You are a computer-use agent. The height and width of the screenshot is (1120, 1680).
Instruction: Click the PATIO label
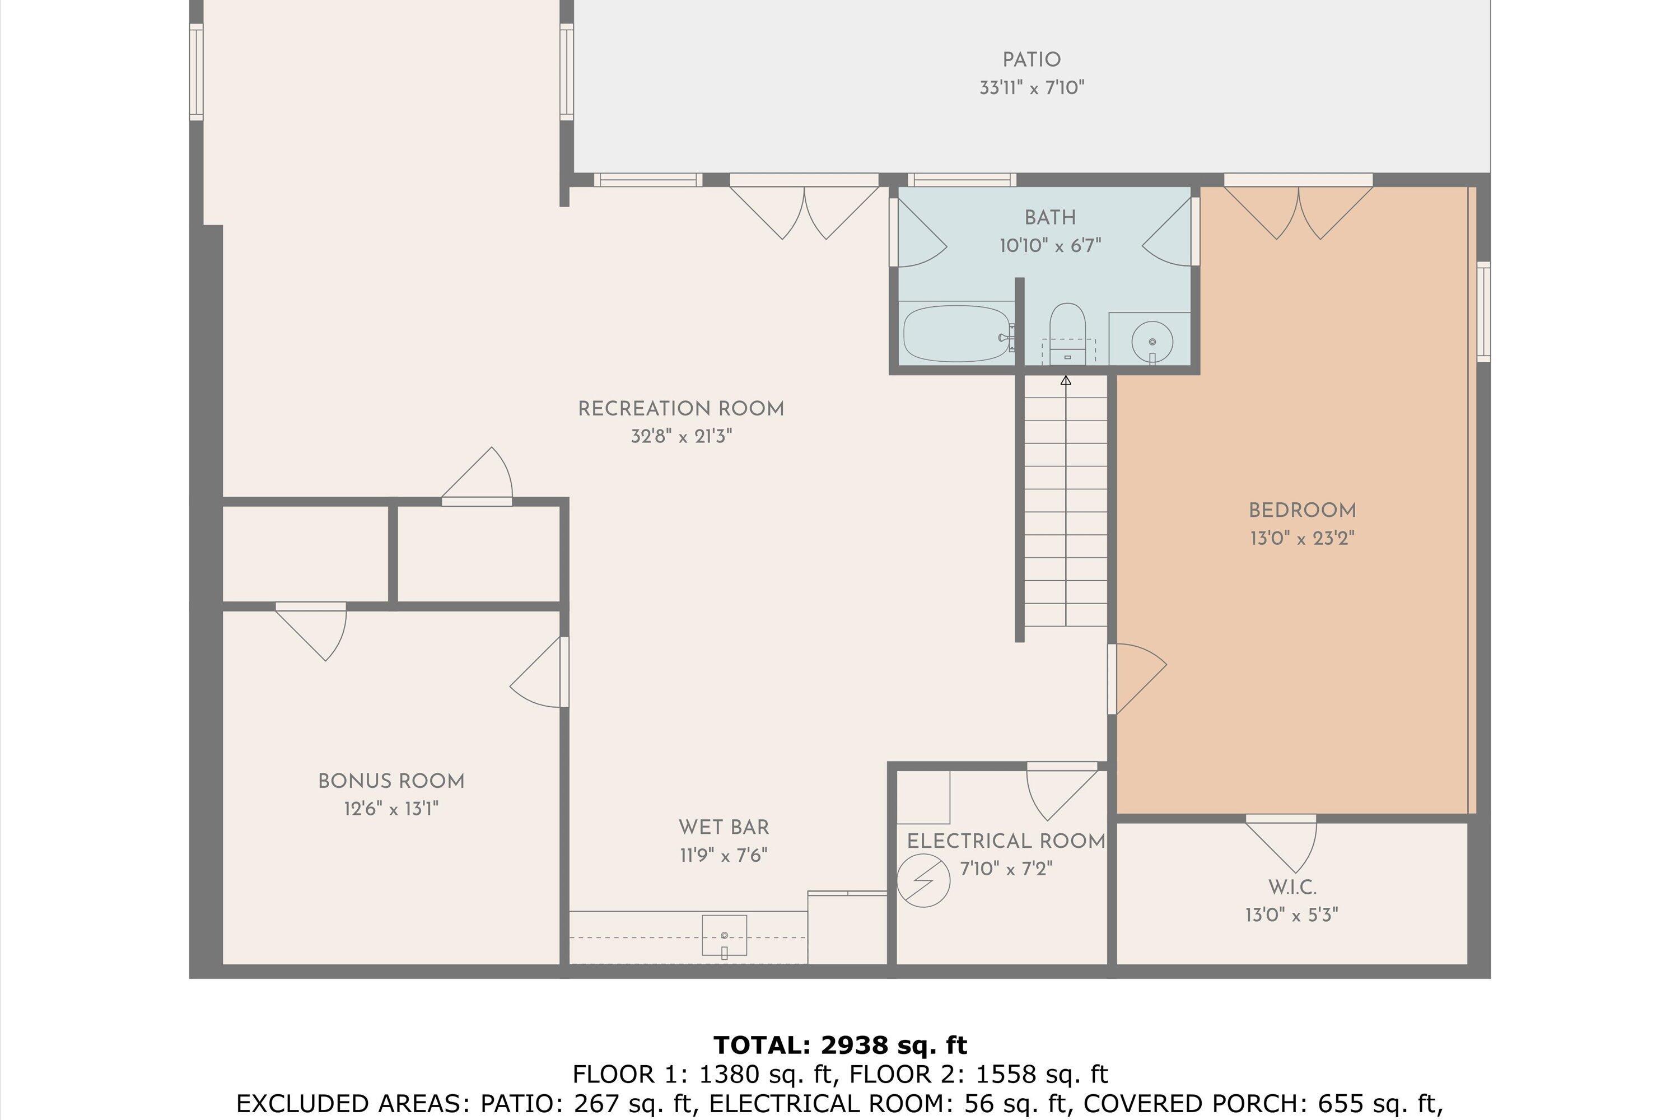point(1031,60)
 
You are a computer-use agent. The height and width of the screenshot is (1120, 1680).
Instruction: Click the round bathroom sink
point(1151,342)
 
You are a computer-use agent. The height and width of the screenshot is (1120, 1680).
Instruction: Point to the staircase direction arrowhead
point(1066,380)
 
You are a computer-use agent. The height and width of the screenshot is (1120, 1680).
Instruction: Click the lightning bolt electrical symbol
point(923,881)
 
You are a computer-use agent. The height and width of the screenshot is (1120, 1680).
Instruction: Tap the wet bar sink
point(724,935)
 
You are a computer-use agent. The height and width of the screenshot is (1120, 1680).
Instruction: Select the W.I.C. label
point(1292,887)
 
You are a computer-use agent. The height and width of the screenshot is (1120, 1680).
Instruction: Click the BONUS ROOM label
point(391,781)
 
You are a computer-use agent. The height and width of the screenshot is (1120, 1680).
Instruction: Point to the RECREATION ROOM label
point(681,409)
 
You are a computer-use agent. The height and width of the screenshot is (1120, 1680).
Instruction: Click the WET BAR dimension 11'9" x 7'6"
point(724,855)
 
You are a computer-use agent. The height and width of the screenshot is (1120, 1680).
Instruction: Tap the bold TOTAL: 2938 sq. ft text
point(840,1045)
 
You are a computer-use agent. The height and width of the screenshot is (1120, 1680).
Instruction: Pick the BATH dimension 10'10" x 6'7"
point(1049,246)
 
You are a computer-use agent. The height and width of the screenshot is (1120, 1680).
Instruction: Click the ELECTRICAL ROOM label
point(1006,842)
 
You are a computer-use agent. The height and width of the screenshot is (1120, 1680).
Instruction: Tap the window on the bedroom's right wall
point(1483,311)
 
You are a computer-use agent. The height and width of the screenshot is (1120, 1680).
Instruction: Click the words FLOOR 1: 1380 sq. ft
point(703,1074)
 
